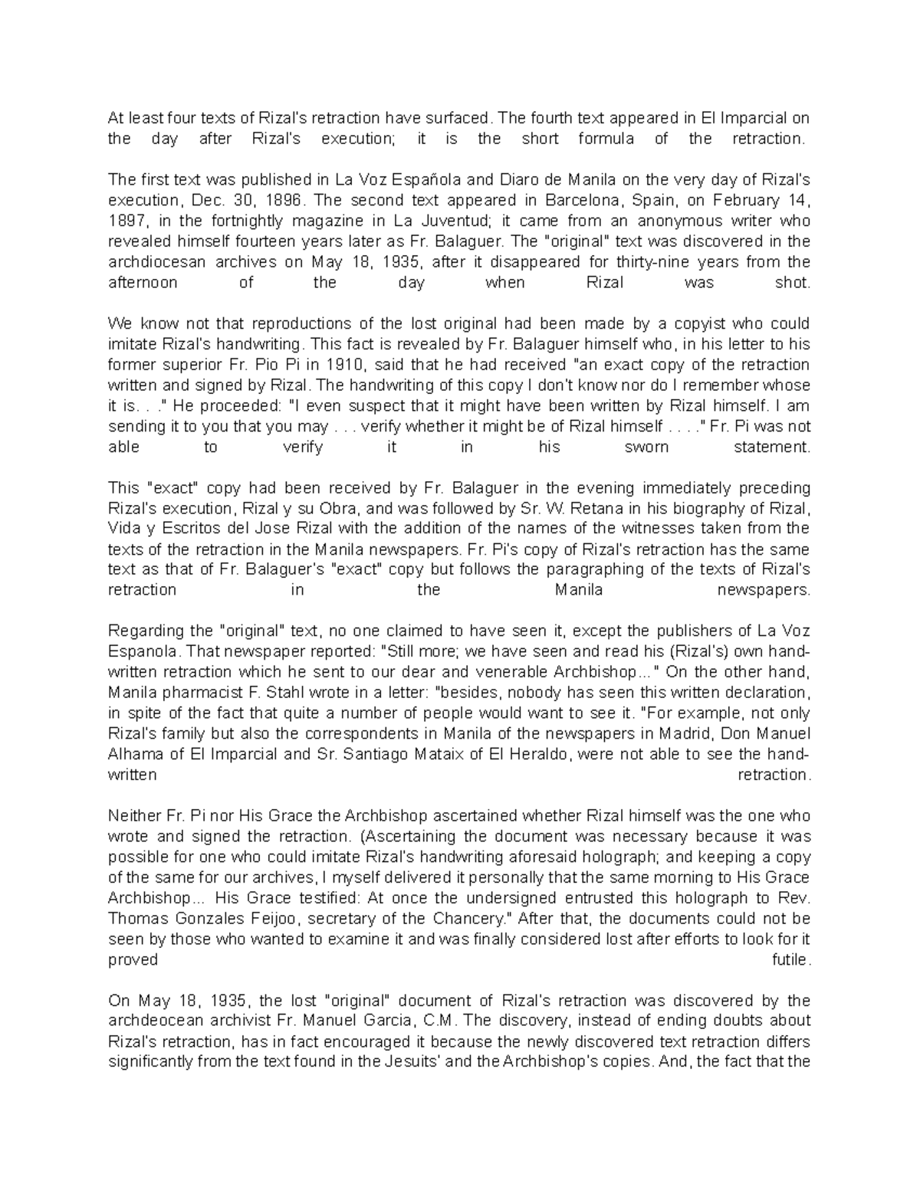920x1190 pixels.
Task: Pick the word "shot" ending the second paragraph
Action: tap(793, 283)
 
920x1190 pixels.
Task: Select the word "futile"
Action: tap(790, 960)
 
